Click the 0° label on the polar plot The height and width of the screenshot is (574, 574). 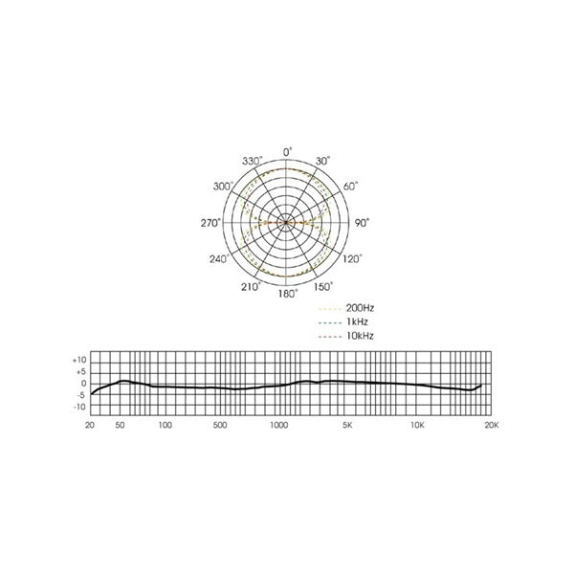pos(287,151)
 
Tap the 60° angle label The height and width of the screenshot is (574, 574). pos(349,187)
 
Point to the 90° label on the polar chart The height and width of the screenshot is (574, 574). pos(362,222)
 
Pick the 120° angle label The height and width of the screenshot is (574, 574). pos(352,258)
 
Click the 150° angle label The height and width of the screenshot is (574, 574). pos(324,285)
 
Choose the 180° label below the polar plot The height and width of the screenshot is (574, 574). pos(287,294)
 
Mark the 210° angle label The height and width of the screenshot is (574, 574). pos(251,285)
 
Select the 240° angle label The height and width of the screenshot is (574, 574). pos(223,259)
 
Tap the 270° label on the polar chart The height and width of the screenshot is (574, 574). pos(211,222)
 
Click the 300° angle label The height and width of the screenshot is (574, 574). pos(223,187)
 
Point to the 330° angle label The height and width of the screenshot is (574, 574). pos(252,162)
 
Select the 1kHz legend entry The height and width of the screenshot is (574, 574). pos(355,323)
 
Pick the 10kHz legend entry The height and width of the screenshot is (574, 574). pos(358,337)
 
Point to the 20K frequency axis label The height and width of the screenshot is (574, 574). pos(491,424)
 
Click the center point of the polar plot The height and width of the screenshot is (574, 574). pos(287,222)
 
